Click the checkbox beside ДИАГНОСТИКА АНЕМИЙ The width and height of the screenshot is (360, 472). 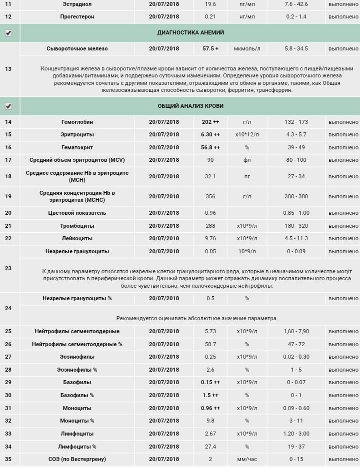(x=8, y=33)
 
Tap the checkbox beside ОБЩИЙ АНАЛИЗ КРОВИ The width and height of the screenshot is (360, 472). (x=8, y=106)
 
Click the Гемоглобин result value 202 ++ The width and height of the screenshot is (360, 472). (x=210, y=122)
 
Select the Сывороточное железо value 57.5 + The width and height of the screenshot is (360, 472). (x=210, y=49)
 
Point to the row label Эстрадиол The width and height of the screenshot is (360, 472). (x=77, y=4)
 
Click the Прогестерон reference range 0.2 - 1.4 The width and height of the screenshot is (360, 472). (x=296, y=16)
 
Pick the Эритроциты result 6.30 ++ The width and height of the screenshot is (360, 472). (x=210, y=135)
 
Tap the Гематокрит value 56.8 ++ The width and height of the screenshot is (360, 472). (x=210, y=148)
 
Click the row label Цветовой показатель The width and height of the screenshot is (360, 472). (x=77, y=213)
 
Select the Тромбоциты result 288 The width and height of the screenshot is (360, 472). (x=210, y=226)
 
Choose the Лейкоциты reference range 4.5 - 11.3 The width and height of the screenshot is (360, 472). (x=296, y=239)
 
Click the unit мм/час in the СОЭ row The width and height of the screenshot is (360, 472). (x=247, y=459)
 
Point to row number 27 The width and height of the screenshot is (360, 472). (x=8, y=357)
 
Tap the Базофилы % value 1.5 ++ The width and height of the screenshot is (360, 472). (x=210, y=395)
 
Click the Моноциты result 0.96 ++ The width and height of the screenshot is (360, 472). (x=210, y=408)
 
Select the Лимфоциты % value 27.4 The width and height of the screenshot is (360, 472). (x=210, y=447)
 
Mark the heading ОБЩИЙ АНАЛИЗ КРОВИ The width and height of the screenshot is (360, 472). (x=190, y=106)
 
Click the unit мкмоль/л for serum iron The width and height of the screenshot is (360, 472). (x=247, y=49)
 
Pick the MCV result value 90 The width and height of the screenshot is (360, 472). (x=210, y=160)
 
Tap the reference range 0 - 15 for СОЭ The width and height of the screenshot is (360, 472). (x=296, y=459)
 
